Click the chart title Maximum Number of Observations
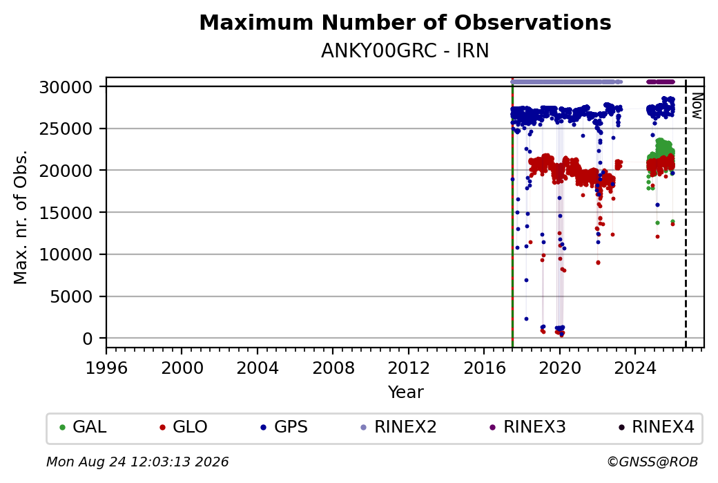pos(405,22)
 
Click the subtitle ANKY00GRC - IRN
pos(405,51)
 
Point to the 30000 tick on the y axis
pos(66,87)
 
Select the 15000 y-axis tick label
pos(66,213)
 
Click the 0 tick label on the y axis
pos(88,339)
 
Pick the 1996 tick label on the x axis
pos(106,368)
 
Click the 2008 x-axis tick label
pos(333,368)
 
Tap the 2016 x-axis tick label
pos(484,368)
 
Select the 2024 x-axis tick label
pos(635,368)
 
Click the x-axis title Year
pos(405,392)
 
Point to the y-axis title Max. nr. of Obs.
pos(21,217)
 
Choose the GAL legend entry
pos(84,427)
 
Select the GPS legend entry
pos(284,427)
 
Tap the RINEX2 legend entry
pos(399,427)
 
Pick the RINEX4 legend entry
pos(657,427)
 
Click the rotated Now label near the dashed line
pos(697,106)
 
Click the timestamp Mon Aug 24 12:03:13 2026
pos(137,462)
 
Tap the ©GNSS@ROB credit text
pos(652,462)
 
